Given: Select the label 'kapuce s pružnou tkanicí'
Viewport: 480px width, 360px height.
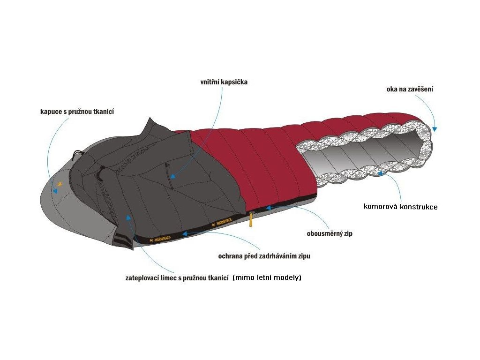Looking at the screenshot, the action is coord(77,112).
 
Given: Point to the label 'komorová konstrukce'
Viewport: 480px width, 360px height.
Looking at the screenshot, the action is coord(401,206).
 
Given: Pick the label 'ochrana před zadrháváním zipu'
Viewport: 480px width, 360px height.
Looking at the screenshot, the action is coord(264,256).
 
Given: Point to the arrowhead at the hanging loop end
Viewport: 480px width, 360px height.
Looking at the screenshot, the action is coord(435,128).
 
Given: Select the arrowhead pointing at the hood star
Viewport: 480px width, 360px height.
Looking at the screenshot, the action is coord(56,191).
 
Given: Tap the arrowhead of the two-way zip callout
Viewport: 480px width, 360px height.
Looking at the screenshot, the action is coord(268,206).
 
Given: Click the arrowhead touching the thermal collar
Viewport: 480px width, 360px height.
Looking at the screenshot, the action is coord(128,217).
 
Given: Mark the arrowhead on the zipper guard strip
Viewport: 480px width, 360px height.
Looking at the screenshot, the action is coord(184,232).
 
